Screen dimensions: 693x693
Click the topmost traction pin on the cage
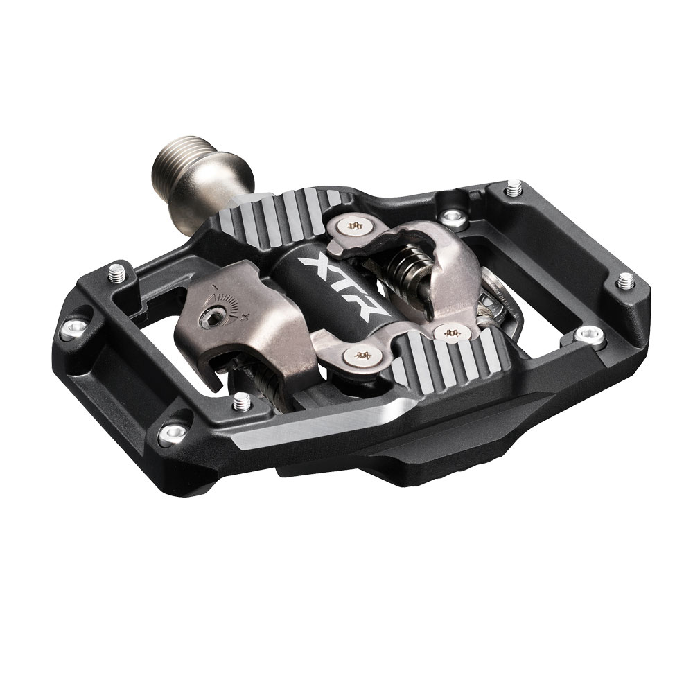point(513,188)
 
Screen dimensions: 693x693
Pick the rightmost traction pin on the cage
point(626,281)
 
